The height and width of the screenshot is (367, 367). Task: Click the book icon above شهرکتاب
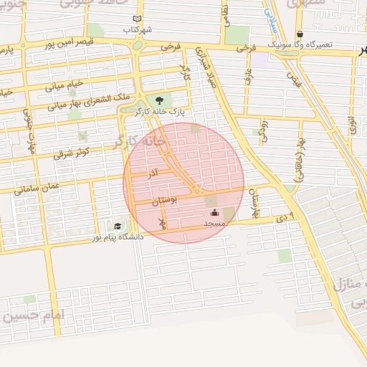coord(138,19)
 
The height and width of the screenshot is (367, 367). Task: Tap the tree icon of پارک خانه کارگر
coord(158,100)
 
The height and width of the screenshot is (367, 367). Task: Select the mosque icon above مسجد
coord(214,212)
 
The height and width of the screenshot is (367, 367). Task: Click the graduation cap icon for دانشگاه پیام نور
coord(117,227)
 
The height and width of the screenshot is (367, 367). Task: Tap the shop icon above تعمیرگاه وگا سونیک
coord(300,34)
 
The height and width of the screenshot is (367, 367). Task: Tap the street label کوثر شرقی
coord(68,153)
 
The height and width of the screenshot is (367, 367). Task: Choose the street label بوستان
coord(164,202)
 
